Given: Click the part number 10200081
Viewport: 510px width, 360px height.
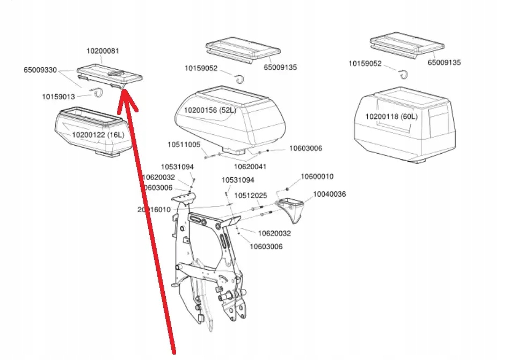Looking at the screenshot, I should [x=103, y=51].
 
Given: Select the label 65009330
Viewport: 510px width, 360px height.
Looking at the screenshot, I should [x=41, y=70].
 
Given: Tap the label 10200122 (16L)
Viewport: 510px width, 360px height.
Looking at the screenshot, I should [x=98, y=135].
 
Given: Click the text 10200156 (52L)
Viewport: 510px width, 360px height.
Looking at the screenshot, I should [x=210, y=110].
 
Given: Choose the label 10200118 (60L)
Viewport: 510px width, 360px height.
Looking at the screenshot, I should [x=392, y=117].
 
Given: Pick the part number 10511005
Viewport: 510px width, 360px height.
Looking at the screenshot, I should [x=184, y=145].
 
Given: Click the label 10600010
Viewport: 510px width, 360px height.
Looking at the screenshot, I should [x=317, y=176].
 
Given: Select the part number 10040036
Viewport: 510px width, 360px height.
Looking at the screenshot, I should [x=330, y=194].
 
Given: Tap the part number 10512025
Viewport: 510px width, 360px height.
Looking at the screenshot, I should [x=250, y=195].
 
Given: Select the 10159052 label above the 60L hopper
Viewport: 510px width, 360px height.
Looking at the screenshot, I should [x=365, y=63].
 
